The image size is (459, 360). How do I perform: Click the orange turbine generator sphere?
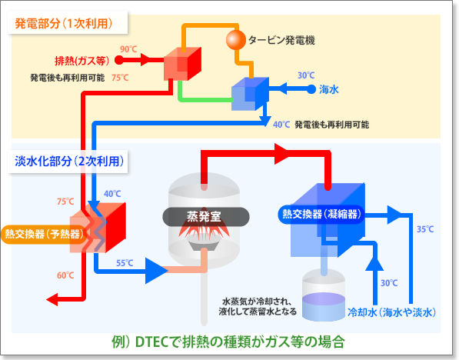click(236, 40)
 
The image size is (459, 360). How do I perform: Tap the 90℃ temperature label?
click(128, 49)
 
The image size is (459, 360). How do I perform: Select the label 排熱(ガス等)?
click(82, 61)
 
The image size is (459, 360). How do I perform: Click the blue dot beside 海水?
click(311, 89)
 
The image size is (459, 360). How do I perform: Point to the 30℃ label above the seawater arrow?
click(306, 75)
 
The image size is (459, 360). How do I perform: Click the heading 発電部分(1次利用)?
click(64, 23)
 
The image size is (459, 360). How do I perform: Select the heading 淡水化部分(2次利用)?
click(69, 161)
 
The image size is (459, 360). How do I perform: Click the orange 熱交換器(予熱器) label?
click(45, 234)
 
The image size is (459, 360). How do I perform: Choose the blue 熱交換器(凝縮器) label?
click(321, 214)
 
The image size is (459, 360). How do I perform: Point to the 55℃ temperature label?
click(125, 263)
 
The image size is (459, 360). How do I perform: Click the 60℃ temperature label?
click(65, 275)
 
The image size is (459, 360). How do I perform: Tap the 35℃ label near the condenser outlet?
click(425, 229)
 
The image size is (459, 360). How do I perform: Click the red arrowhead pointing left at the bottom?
click(52, 299)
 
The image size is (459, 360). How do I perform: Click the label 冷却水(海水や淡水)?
click(392, 312)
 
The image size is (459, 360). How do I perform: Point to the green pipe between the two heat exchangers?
click(206, 99)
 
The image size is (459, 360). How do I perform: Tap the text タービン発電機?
click(281, 40)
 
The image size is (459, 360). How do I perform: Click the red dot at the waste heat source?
click(119, 60)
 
